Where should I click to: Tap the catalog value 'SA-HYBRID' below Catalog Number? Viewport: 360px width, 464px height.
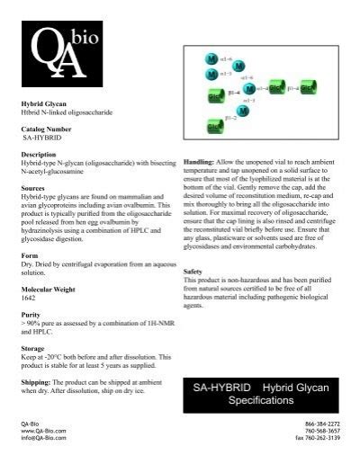point(40,138)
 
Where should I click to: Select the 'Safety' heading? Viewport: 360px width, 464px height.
point(192,271)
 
